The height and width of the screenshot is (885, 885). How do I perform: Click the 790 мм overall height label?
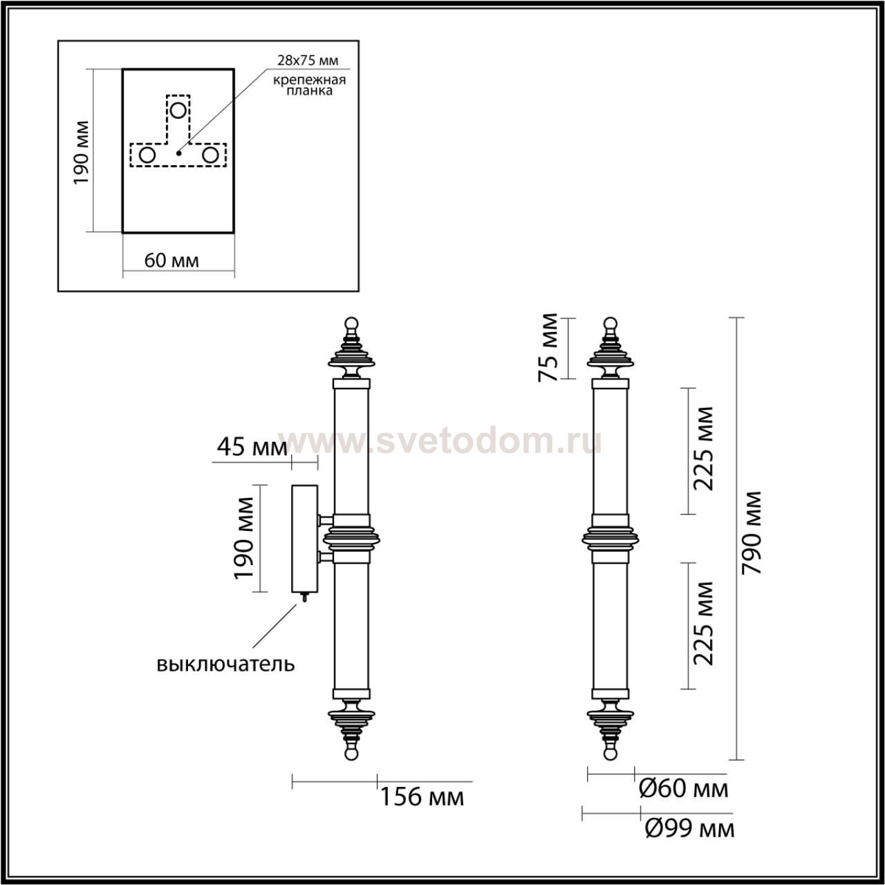point(752,533)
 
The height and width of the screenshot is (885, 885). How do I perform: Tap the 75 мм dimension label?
point(548,347)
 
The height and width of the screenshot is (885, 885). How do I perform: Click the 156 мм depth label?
point(422,796)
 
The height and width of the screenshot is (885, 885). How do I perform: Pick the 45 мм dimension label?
point(252,447)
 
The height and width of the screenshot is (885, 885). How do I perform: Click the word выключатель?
point(225,664)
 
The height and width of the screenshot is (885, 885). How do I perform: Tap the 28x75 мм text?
point(308,61)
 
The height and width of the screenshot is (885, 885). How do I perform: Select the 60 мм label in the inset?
point(171,261)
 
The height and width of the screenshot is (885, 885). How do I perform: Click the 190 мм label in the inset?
point(81,153)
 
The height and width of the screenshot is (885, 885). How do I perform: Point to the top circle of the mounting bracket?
point(178,111)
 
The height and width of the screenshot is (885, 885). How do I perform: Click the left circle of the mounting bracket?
point(147,156)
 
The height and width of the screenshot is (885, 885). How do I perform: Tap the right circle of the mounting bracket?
point(210,156)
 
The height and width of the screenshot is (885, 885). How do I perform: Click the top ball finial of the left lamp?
point(351,323)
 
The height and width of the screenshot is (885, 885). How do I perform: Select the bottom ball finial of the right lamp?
point(611,753)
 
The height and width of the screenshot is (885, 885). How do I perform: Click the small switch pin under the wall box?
point(304,597)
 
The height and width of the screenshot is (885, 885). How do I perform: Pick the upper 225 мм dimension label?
point(703,449)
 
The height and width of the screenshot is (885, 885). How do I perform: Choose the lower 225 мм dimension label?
point(703,624)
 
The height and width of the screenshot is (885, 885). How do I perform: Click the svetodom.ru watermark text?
point(440,442)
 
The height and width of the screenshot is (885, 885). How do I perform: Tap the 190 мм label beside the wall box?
point(243,538)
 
